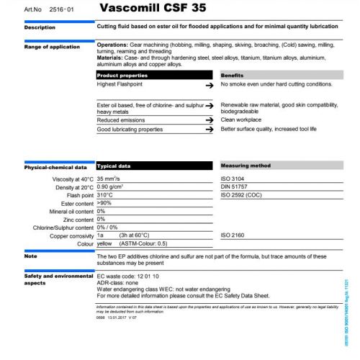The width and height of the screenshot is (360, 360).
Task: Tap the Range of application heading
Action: click(52, 46)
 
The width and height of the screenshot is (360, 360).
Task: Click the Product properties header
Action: click(122, 75)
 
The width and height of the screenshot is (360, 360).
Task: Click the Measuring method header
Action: click(245, 166)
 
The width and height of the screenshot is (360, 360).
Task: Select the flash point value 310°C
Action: click(105, 195)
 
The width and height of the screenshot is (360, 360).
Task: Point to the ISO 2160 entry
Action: click(233, 235)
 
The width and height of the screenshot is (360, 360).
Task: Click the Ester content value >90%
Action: click(104, 203)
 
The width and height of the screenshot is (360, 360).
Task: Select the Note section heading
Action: click(31, 256)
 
